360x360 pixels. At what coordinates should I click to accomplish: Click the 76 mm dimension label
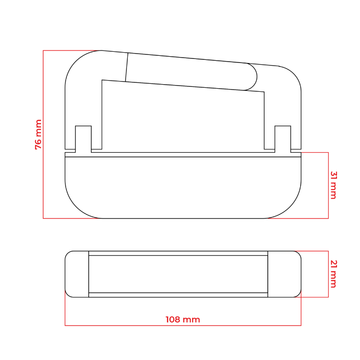(38, 135)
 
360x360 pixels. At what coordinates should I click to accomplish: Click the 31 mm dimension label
(333, 185)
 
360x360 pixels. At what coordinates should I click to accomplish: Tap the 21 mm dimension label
(333, 274)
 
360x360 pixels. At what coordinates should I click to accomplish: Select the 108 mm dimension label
(183, 319)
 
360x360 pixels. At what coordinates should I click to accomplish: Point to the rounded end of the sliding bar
(252, 76)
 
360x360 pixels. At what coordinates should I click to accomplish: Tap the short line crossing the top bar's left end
(126, 67)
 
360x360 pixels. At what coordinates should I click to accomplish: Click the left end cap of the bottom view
(77, 274)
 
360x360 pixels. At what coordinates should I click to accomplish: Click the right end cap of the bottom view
(284, 274)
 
